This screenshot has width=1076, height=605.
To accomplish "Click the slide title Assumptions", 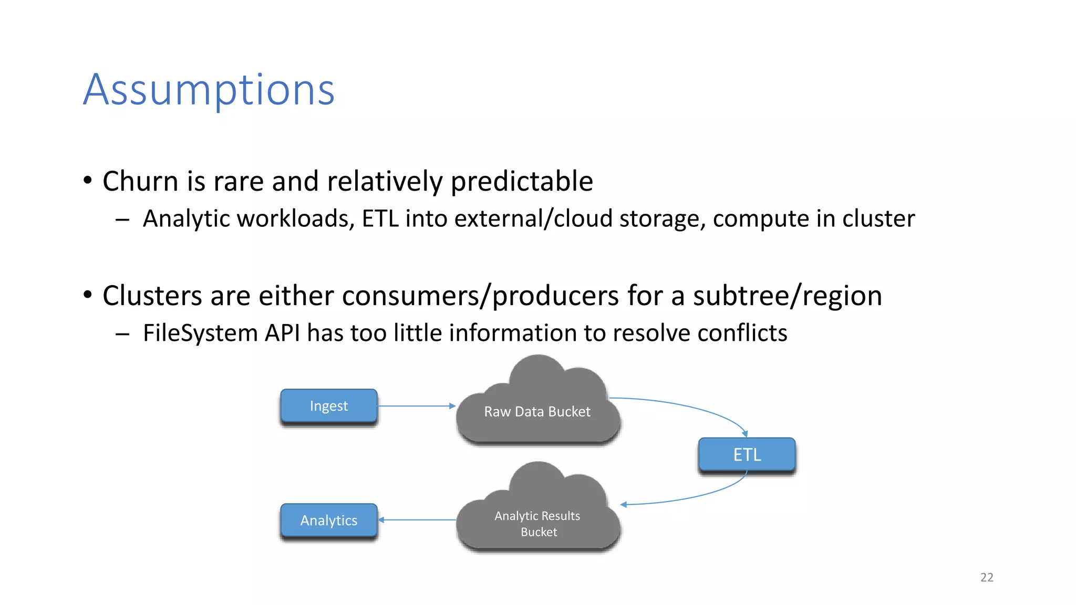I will (209, 90).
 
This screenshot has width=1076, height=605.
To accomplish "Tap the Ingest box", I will (329, 405).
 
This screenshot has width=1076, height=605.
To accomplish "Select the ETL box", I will (747, 454).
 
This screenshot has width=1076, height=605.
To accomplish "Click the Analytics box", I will (329, 520).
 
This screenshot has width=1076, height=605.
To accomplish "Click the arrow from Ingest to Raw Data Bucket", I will (415, 406).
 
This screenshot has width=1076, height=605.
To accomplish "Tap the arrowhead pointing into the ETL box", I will (744, 434).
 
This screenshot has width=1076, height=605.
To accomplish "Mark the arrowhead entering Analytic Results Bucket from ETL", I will (624, 505).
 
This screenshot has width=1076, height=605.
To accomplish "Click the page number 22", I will (987, 577).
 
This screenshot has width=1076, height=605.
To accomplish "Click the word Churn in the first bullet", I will (140, 181).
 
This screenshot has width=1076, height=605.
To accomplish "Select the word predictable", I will (522, 181).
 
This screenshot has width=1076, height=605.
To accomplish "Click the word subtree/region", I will (787, 296).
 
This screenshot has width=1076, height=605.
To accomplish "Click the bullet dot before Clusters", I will (88, 294).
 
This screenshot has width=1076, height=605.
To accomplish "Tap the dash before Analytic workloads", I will (122, 220).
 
